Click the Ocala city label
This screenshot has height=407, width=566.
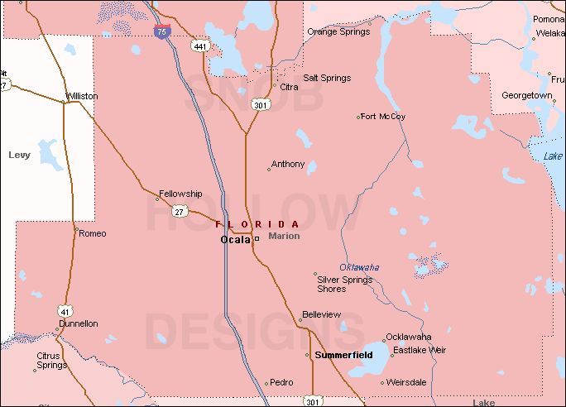click(234, 239)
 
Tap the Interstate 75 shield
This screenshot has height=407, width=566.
click(163, 32)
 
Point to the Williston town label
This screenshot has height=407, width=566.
click(82, 96)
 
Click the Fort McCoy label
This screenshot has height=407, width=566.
click(383, 117)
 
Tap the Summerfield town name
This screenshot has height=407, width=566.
click(343, 355)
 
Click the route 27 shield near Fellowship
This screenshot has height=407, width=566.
click(180, 212)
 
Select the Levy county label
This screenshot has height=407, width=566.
click(19, 155)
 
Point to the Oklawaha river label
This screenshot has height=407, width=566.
click(359, 267)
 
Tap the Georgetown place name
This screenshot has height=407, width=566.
click(526, 95)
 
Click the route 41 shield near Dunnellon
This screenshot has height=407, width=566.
click(64, 310)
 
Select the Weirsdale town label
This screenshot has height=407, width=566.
click(406, 382)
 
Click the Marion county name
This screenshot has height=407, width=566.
click(284, 236)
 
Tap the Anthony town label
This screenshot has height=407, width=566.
click(288, 164)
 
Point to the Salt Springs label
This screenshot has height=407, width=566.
click(327, 78)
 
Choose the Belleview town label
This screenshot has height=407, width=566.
click(321, 315)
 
